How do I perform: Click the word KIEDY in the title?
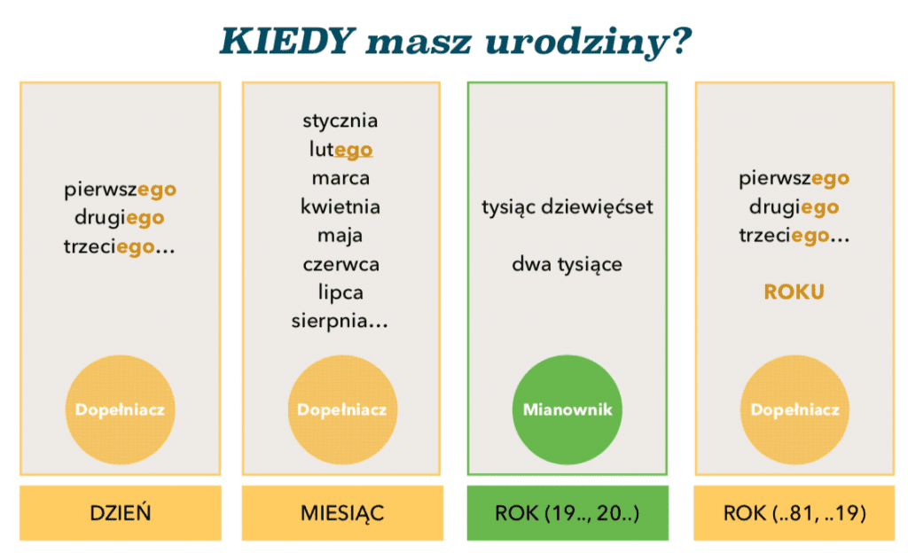tap(286, 41)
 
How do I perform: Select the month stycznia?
tap(340, 121)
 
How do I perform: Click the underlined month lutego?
tap(340, 149)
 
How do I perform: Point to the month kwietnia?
tap(340, 206)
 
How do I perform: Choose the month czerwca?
tap(341, 264)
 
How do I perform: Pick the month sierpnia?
tap(340, 321)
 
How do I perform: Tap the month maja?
tap(340, 236)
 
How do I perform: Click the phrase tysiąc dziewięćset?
tap(567, 206)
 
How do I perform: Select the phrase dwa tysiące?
tap(567, 264)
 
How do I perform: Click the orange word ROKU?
tap(794, 292)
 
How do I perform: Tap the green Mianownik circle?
tap(567, 409)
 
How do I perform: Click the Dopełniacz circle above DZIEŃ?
tap(120, 409)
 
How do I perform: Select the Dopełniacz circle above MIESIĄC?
tap(341, 409)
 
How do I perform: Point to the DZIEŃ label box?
tap(121, 513)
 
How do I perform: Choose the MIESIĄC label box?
tap(342, 513)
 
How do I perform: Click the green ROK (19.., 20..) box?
tap(567, 513)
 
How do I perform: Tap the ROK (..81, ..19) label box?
tap(794, 513)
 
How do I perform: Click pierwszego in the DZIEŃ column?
tap(121, 190)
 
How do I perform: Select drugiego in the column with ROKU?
tap(794, 207)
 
